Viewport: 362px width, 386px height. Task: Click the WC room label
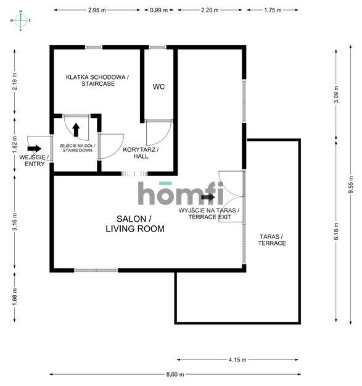coord(158,86)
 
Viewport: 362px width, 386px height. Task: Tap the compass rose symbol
coord(20,20)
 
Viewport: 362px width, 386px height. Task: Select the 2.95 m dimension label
coord(97,10)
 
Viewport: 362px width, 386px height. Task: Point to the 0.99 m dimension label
coord(158,10)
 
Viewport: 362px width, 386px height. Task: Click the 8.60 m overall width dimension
coord(175,374)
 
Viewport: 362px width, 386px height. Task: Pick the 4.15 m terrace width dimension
coord(237,359)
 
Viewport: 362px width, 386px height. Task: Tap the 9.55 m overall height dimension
coord(351,184)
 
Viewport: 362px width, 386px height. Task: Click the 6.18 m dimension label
coord(336,231)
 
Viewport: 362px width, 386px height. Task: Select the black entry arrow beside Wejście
coord(34,148)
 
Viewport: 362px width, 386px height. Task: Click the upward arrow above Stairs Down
coord(76,130)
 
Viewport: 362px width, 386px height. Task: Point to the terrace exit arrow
coord(208,197)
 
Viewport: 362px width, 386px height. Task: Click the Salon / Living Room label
coord(135,224)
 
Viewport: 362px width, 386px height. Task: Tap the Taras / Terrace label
coord(272,240)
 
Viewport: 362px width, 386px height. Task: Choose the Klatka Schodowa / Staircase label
coord(97,80)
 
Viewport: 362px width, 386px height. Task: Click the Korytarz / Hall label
coord(141,153)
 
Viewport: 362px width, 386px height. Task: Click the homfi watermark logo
coord(181,193)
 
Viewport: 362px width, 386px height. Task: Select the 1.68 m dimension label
coord(15,297)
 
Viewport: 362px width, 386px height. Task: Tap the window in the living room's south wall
coord(96,271)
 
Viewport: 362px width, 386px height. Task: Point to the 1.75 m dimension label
coord(273,10)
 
